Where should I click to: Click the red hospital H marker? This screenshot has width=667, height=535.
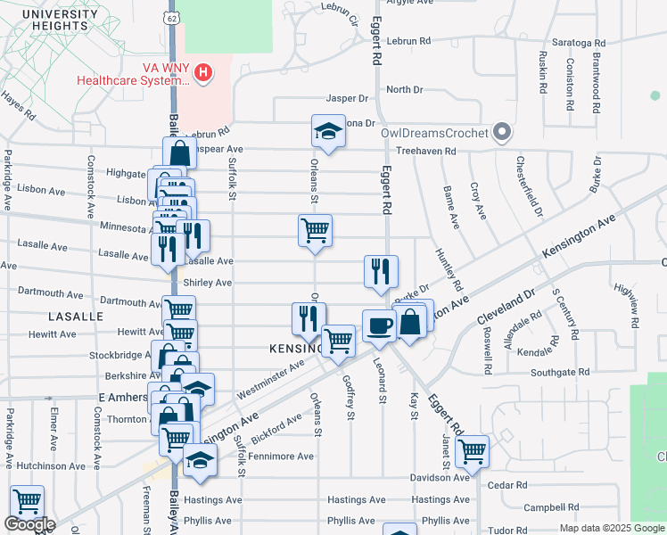point(203,71)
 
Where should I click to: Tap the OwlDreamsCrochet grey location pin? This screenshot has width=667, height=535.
point(501,133)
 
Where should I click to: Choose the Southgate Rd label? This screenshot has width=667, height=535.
point(559,372)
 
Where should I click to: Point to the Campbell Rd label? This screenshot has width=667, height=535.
point(546,507)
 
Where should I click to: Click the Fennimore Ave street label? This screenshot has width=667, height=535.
point(281,456)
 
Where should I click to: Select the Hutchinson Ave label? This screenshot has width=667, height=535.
point(51,465)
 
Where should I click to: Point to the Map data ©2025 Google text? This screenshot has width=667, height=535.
point(611,528)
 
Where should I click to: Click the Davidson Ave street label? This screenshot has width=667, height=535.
point(440,477)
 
